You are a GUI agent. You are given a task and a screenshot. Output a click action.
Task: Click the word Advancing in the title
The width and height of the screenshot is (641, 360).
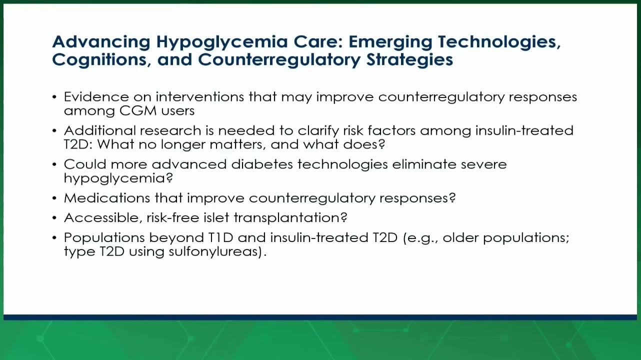[101, 42]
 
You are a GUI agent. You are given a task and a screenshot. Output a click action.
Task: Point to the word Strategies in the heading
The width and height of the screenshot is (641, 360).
[409, 60]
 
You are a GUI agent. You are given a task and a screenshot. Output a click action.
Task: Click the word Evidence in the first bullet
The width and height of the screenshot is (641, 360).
[96, 97]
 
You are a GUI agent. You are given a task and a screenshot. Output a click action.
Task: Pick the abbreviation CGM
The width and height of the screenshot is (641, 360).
[137, 110]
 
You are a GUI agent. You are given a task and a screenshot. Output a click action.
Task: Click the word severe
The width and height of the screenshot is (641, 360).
[483, 165]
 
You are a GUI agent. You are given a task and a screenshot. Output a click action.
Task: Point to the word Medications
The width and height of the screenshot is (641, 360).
[107, 198]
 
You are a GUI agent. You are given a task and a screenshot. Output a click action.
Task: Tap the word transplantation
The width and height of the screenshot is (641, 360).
[290, 218]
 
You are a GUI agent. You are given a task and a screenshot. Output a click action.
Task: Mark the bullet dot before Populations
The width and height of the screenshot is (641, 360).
[54, 238]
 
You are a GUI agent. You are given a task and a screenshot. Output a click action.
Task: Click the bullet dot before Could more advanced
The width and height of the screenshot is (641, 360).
[54, 165]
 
